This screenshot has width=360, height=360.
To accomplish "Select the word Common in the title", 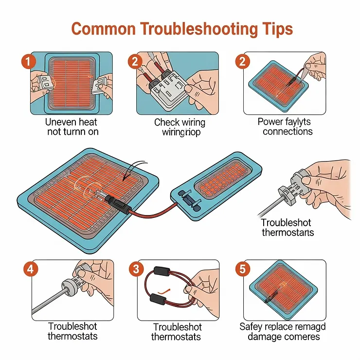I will [x=103, y=29].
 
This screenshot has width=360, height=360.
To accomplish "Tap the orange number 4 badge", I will [x=29, y=268].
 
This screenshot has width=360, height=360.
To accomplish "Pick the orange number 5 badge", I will [x=242, y=269].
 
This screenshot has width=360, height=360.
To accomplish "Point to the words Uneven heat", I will [x=68, y=122].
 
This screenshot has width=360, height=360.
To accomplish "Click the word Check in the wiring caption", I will [x=167, y=122].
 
